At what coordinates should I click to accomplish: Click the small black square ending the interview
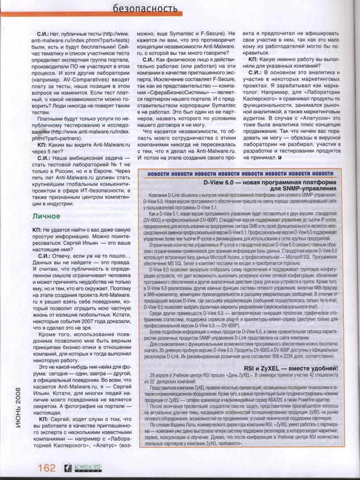click(281, 157)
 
